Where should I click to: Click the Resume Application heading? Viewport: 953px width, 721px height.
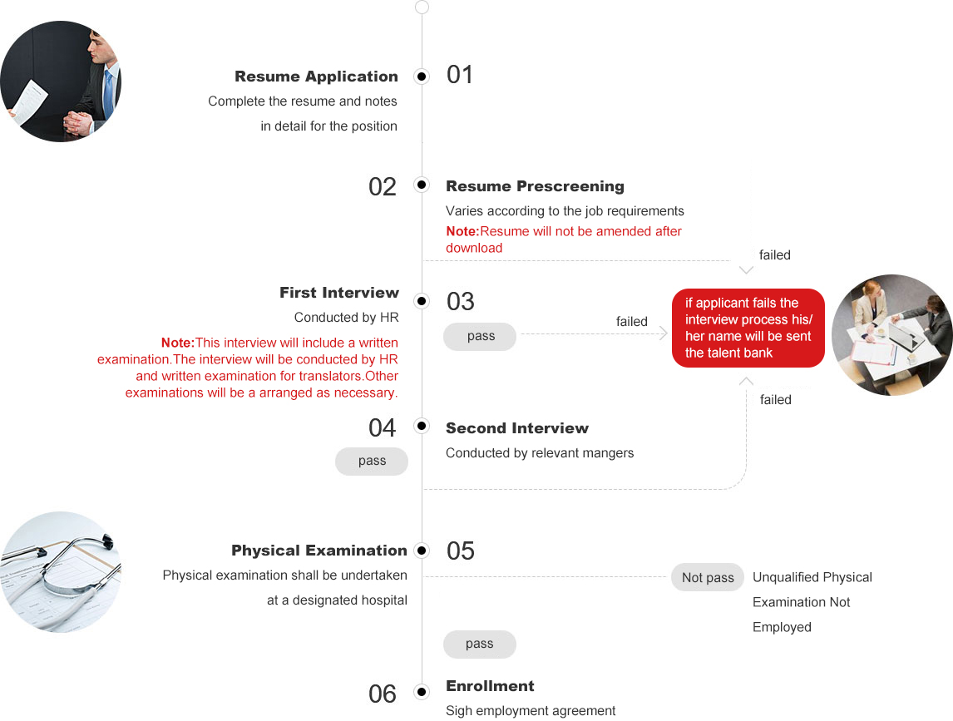(x=316, y=77)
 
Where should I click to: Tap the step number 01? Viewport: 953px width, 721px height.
(x=460, y=75)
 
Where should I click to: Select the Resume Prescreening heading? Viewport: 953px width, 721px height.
(x=535, y=186)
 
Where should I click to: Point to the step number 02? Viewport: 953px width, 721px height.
(x=383, y=186)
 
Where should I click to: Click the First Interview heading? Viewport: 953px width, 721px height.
(x=339, y=293)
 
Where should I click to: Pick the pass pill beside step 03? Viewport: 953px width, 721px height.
(x=481, y=336)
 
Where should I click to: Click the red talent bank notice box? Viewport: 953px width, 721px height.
(x=748, y=328)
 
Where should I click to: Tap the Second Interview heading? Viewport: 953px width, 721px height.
(x=516, y=428)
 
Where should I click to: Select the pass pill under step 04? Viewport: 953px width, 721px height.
(x=372, y=462)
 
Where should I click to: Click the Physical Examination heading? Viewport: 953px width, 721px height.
(x=319, y=551)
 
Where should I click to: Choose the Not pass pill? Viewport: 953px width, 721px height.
(x=708, y=578)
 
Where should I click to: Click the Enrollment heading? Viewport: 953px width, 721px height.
(x=490, y=686)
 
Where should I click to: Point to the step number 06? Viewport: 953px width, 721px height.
(x=383, y=694)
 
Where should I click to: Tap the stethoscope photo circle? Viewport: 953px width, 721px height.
(x=61, y=572)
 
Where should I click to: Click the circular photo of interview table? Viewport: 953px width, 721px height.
(x=891, y=334)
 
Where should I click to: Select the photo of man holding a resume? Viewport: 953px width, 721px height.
(x=61, y=81)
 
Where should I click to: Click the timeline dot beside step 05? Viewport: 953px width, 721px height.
(x=422, y=551)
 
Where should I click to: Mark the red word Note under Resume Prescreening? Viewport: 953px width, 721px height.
(x=462, y=231)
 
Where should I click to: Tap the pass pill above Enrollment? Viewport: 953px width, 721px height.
(x=479, y=644)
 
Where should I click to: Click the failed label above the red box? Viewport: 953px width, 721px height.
(x=774, y=255)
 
